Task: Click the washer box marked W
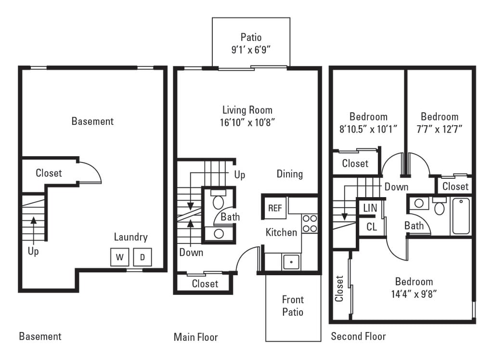119,257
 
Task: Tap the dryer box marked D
142,257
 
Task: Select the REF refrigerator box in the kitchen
275,208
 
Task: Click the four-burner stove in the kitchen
310,223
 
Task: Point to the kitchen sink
291,262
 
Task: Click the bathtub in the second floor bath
461,217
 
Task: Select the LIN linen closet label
370,208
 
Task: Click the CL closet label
372,227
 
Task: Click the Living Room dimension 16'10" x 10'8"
247,122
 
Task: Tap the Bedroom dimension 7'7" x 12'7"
439,129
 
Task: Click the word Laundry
130,237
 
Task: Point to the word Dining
289,174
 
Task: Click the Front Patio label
293,306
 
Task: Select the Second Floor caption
358,336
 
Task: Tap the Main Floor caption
195,337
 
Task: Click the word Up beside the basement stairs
33,252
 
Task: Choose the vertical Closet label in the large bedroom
340,288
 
